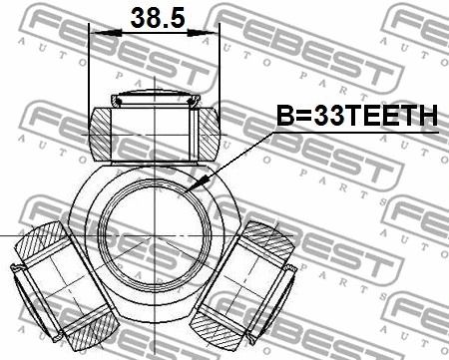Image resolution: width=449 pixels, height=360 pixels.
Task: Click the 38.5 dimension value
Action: point(158,17)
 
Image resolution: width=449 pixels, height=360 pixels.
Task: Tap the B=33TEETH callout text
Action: point(357,116)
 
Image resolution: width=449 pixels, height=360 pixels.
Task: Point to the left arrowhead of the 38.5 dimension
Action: point(106,33)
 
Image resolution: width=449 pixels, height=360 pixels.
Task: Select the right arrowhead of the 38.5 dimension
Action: point(203,33)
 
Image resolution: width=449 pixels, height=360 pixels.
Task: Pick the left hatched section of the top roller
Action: point(101,135)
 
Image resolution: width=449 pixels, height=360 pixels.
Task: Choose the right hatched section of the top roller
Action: point(210,135)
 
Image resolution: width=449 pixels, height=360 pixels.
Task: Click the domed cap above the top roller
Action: point(156,98)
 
